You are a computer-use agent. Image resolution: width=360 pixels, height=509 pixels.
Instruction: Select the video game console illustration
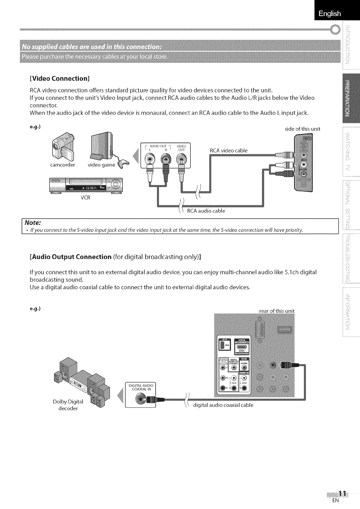coord(100,145)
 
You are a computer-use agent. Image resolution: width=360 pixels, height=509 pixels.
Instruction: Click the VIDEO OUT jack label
coord(181,148)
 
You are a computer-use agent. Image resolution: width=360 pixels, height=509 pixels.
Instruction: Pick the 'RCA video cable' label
coord(228,150)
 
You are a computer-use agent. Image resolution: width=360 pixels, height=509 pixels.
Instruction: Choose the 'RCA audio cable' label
coord(206,211)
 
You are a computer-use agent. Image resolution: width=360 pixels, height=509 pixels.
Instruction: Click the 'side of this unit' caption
coord(302,129)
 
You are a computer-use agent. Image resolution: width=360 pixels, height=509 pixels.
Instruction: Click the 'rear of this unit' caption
coord(277,311)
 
